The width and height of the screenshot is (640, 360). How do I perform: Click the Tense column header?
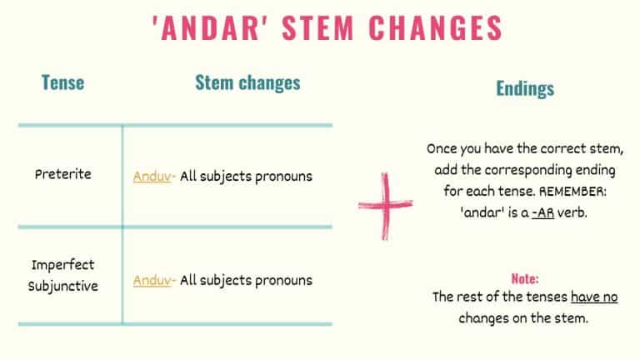62,82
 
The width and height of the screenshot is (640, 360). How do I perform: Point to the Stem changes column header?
247,82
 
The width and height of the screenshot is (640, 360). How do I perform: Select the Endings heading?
525,88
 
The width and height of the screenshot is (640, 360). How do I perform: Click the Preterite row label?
63,175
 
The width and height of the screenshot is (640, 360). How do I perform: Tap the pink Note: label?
525,278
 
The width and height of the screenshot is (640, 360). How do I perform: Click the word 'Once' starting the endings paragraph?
442,149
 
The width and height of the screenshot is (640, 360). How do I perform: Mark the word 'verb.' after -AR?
575,212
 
